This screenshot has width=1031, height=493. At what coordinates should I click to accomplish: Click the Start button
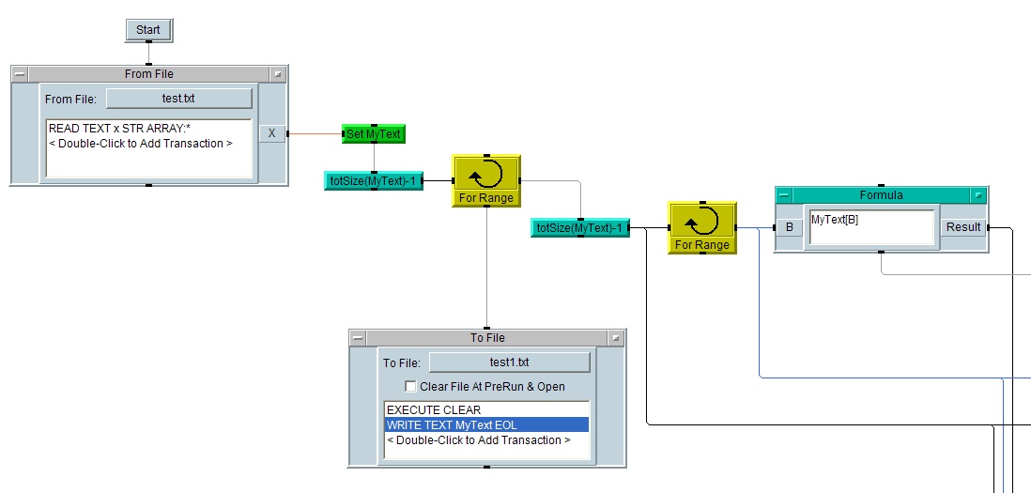tap(148, 30)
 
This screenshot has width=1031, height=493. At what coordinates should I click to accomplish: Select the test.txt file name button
tap(178, 99)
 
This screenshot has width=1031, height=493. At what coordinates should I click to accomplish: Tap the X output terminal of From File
tap(271, 133)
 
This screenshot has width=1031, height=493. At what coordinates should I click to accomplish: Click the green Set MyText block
tap(374, 134)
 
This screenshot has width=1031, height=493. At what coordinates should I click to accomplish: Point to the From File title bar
tap(148, 74)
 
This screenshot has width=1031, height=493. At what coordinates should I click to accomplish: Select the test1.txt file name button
tap(509, 362)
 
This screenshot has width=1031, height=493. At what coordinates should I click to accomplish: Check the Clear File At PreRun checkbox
tap(410, 386)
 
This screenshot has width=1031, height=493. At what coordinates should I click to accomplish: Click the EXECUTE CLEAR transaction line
tap(434, 410)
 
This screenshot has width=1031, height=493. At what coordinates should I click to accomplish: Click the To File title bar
tap(486, 338)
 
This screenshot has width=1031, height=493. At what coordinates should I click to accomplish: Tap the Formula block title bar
tap(881, 195)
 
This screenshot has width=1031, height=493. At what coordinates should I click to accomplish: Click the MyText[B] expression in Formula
tap(835, 220)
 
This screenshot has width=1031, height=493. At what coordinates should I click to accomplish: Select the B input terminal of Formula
tap(789, 227)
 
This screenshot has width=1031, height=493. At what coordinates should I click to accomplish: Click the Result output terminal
tap(963, 227)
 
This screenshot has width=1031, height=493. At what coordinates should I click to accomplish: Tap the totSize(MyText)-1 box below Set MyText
tap(374, 180)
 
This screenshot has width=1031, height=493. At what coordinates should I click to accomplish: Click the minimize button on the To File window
tap(358, 338)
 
